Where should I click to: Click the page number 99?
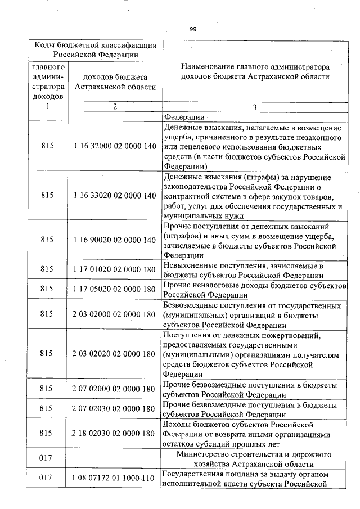coord(193,29)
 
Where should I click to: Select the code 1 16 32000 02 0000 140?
coord(114,146)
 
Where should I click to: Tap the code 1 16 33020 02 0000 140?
coord(114,196)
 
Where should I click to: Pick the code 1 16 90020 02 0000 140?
coord(114,240)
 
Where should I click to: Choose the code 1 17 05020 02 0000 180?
coord(114,290)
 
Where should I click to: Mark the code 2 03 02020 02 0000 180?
coord(114,354)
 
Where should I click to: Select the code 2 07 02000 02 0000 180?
coord(114,389)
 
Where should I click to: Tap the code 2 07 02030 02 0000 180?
coord(114,409)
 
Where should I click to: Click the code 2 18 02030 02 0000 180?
coord(114,434)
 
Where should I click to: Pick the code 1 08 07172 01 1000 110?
coord(114,478)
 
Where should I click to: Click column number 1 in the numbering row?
coord(48,106)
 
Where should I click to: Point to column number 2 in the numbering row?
coord(114,106)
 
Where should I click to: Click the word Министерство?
coord(204,454)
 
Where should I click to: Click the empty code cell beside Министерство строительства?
coord(114,458)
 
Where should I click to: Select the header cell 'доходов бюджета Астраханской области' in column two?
coord(114,82)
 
